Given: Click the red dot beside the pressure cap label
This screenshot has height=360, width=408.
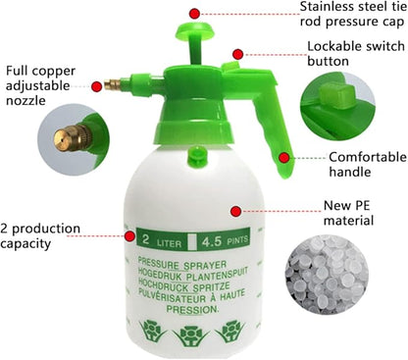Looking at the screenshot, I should coord(194,13).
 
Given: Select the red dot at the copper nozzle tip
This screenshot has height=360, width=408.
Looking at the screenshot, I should coord(96,85).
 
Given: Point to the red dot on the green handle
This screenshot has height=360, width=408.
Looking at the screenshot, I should coord(284,156).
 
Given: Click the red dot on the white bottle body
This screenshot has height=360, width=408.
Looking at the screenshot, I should coord(235,208).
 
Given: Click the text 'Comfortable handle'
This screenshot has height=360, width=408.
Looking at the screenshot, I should coord(363,165).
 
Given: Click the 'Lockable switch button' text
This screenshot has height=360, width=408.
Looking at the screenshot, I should coord(354,53).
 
